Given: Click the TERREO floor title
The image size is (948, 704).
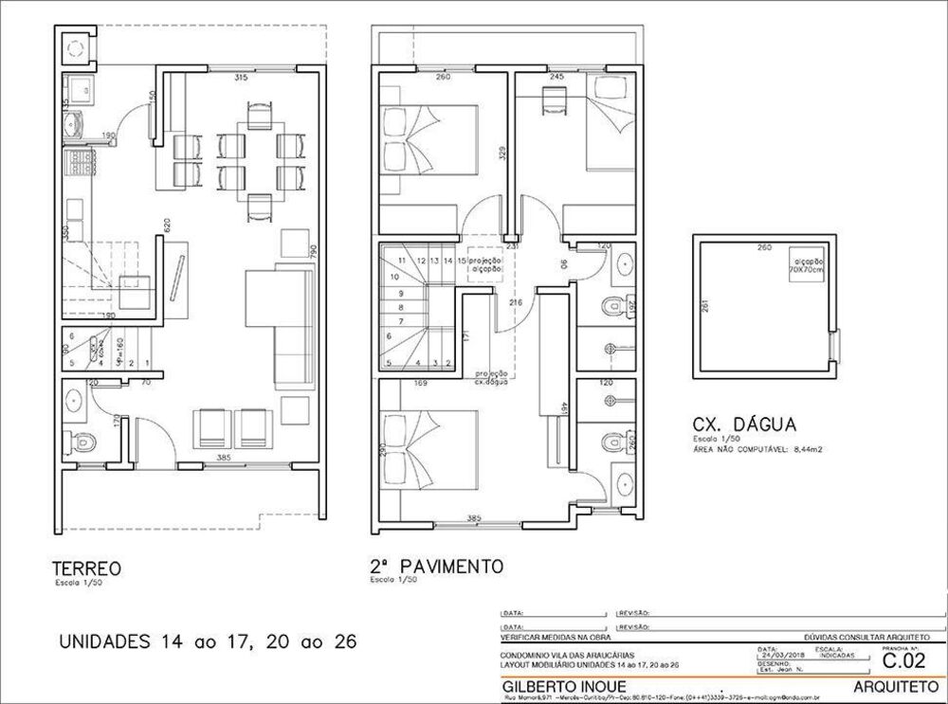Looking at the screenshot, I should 85,569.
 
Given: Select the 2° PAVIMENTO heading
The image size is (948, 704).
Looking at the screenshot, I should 436,566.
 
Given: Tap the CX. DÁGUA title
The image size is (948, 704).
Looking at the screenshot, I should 744,424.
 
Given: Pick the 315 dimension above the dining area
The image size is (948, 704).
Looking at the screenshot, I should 241,78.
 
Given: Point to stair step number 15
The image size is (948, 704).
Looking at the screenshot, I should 461,260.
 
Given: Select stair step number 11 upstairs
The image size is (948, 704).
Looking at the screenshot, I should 403,260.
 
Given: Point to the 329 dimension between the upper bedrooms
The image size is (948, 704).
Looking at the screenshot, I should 505,152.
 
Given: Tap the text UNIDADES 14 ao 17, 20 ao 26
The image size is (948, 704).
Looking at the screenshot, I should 208,641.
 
